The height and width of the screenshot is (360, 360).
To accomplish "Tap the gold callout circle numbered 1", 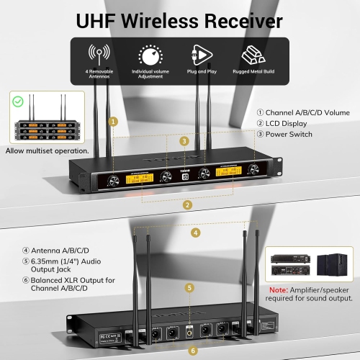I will click(112, 122).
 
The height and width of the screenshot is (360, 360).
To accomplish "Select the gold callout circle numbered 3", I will click(184, 141).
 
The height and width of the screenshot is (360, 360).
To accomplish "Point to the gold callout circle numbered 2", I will click(188, 204).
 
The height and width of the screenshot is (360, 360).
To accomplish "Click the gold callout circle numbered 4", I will click(196, 233).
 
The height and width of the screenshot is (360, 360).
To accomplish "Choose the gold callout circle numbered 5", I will click(189, 287).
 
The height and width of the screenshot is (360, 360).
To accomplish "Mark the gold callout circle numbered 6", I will click(192, 351).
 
